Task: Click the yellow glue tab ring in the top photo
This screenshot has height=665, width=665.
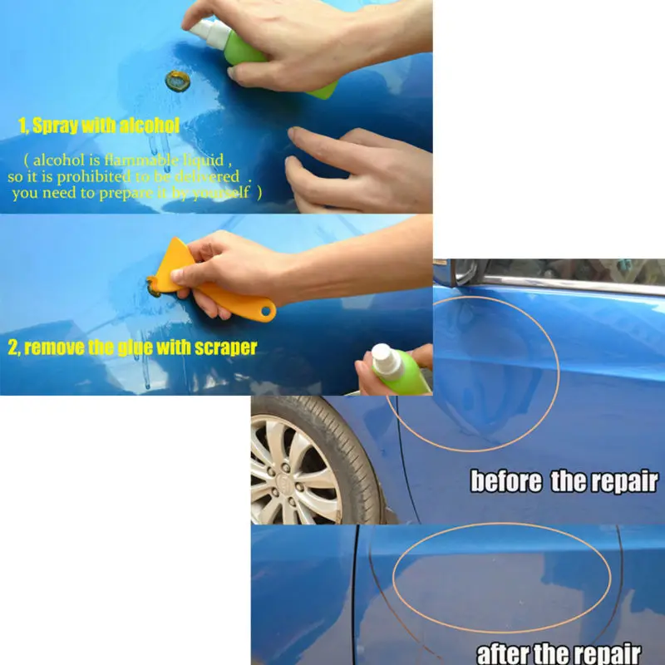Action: (x=177, y=81)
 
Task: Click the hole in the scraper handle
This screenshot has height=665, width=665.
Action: (x=267, y=313)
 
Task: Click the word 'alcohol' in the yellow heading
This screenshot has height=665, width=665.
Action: (x=149, y=126)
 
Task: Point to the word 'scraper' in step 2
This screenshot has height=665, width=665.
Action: (x=217, y=347)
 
